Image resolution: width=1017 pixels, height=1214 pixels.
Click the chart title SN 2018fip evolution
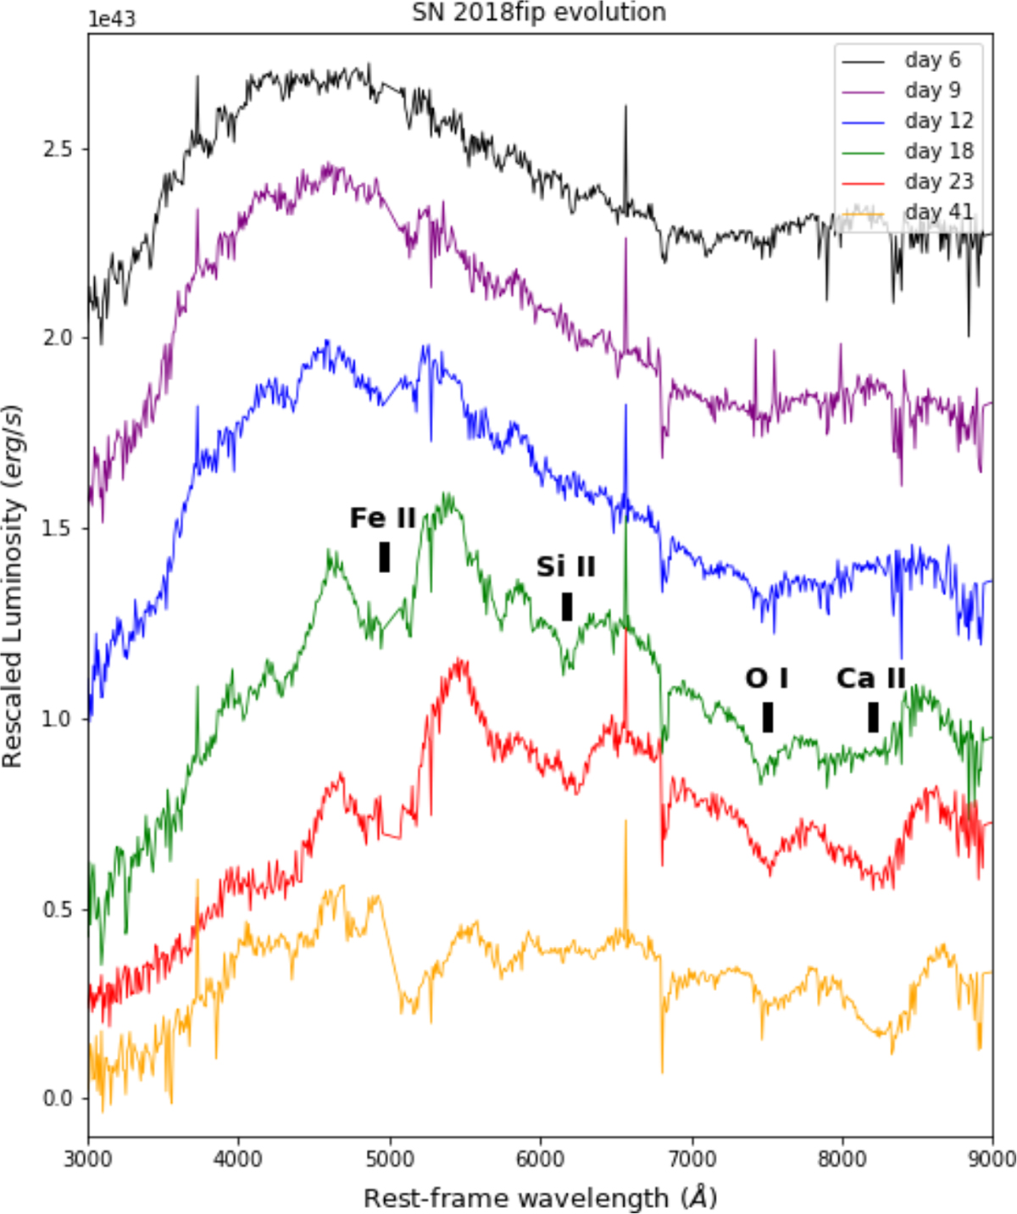click(x=539, y=13)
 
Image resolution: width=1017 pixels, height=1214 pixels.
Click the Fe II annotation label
click(x=383, y=518)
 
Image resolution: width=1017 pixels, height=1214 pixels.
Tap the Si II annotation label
click(x=565, y=566)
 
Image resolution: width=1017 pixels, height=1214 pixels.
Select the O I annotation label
click(x=767, y=678)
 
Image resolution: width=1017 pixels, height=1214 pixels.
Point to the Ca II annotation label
click(x=871, y=678)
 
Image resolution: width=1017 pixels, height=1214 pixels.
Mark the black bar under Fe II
click(x=385, y=557)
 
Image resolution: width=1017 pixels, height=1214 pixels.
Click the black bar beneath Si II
click(x=567, y=606)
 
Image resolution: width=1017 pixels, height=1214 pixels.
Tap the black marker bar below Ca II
click(x=873, y=717)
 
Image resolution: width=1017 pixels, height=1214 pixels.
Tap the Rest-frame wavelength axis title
click(x=541, y=1197)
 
